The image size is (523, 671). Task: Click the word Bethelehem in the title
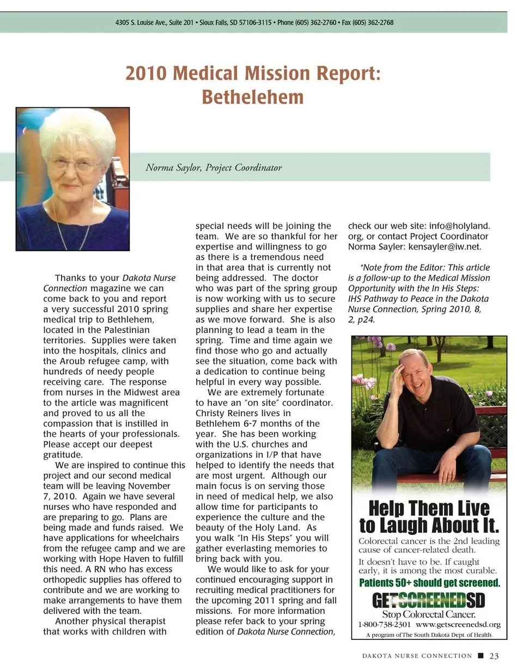click(252, 97)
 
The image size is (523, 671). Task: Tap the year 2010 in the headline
click(146, 73)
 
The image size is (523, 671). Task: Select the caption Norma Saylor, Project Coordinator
click(214, 168)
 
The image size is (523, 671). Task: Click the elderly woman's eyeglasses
click(73, 164)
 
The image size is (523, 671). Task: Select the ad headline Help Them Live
click(429, 508)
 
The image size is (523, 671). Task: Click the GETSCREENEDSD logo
click(428, 601)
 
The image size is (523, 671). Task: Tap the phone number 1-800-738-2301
click(384, 624)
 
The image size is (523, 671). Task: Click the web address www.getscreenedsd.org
click(458, 624)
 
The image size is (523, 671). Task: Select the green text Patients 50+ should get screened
click(429, 583)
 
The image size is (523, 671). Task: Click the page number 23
click(494, 656)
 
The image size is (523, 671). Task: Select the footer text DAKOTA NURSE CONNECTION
click(417, 656)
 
